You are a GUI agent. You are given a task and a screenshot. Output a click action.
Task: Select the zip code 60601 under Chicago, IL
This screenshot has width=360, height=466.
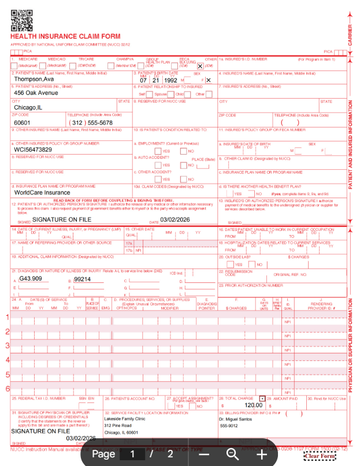tap(22, 123)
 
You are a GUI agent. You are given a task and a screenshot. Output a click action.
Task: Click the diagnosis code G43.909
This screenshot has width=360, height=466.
tap(32, 279)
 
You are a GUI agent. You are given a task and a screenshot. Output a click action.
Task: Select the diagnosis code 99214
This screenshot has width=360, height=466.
tap(83, 279)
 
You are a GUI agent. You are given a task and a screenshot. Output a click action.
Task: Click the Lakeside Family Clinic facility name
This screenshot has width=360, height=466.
tap(125, 419)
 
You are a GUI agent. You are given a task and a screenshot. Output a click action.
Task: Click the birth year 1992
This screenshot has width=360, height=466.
tap(170, 80)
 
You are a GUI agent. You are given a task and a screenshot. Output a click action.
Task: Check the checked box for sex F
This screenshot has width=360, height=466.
tap(208, 80)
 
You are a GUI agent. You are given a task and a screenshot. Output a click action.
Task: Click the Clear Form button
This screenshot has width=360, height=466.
tap(320, 457)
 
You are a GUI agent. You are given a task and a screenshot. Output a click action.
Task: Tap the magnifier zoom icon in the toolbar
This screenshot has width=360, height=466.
tap(233, 454)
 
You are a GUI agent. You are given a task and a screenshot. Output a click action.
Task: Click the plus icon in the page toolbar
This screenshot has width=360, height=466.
tap(262, 454)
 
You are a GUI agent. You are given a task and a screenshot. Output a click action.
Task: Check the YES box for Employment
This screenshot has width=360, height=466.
tap(158, 151)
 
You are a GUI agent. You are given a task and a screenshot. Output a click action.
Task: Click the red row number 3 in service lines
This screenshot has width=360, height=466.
tap(8, 346)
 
